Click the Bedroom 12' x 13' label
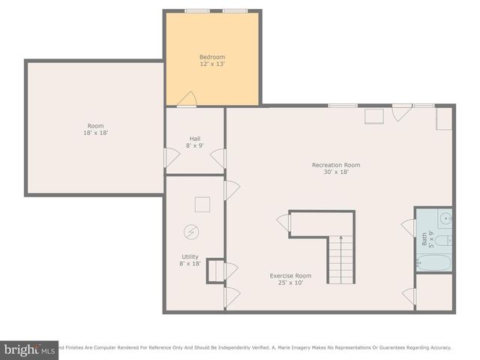(212, 61)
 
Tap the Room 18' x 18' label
(95, 129)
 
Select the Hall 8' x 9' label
(195, 142)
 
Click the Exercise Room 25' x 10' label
(290, 279)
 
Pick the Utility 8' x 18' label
(190, 259)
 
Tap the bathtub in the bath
(434, 263)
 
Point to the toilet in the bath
(443, 241)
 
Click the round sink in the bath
(445, 220)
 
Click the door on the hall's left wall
(172, 157)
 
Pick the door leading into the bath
(409, 227)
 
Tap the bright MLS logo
(29, 349)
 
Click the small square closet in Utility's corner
(215, 270)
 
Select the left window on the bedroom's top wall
(197, 10)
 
